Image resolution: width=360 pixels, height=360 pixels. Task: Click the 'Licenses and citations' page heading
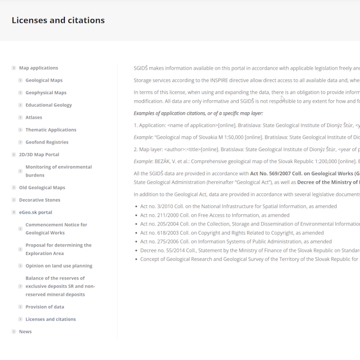[58, 20]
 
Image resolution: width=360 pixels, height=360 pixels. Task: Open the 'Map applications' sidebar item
[38, 68]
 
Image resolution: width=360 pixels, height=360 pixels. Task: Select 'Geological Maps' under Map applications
[44, 80]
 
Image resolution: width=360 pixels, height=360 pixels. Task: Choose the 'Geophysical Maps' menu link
[46, 93]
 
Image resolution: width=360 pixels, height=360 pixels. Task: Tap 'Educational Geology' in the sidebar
[49, 105]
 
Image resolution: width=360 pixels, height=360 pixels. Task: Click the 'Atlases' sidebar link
[34, 118]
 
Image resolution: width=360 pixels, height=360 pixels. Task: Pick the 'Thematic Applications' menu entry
[51, 130]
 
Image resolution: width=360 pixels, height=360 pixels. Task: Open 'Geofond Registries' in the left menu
[47, 142]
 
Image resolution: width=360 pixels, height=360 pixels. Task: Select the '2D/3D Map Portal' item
[39, 155]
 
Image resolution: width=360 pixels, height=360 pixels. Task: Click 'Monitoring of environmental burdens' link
[58, 171]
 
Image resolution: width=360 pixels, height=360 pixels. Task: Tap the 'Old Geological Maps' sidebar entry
[42, 188]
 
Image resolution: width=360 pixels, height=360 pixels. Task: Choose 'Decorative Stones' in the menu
[40, 200]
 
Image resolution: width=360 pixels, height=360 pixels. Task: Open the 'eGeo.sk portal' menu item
[35, 212]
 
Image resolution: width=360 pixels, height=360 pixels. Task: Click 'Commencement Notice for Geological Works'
[56, 229]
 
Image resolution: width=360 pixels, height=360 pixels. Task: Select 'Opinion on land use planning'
[59, 266]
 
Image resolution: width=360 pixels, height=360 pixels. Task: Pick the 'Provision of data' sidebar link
[44, 307]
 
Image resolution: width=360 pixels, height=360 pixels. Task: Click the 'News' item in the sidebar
[25, 332]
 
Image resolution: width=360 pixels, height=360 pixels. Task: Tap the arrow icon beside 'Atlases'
[20, 118]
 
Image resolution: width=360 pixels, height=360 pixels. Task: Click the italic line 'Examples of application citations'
[198, 113]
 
